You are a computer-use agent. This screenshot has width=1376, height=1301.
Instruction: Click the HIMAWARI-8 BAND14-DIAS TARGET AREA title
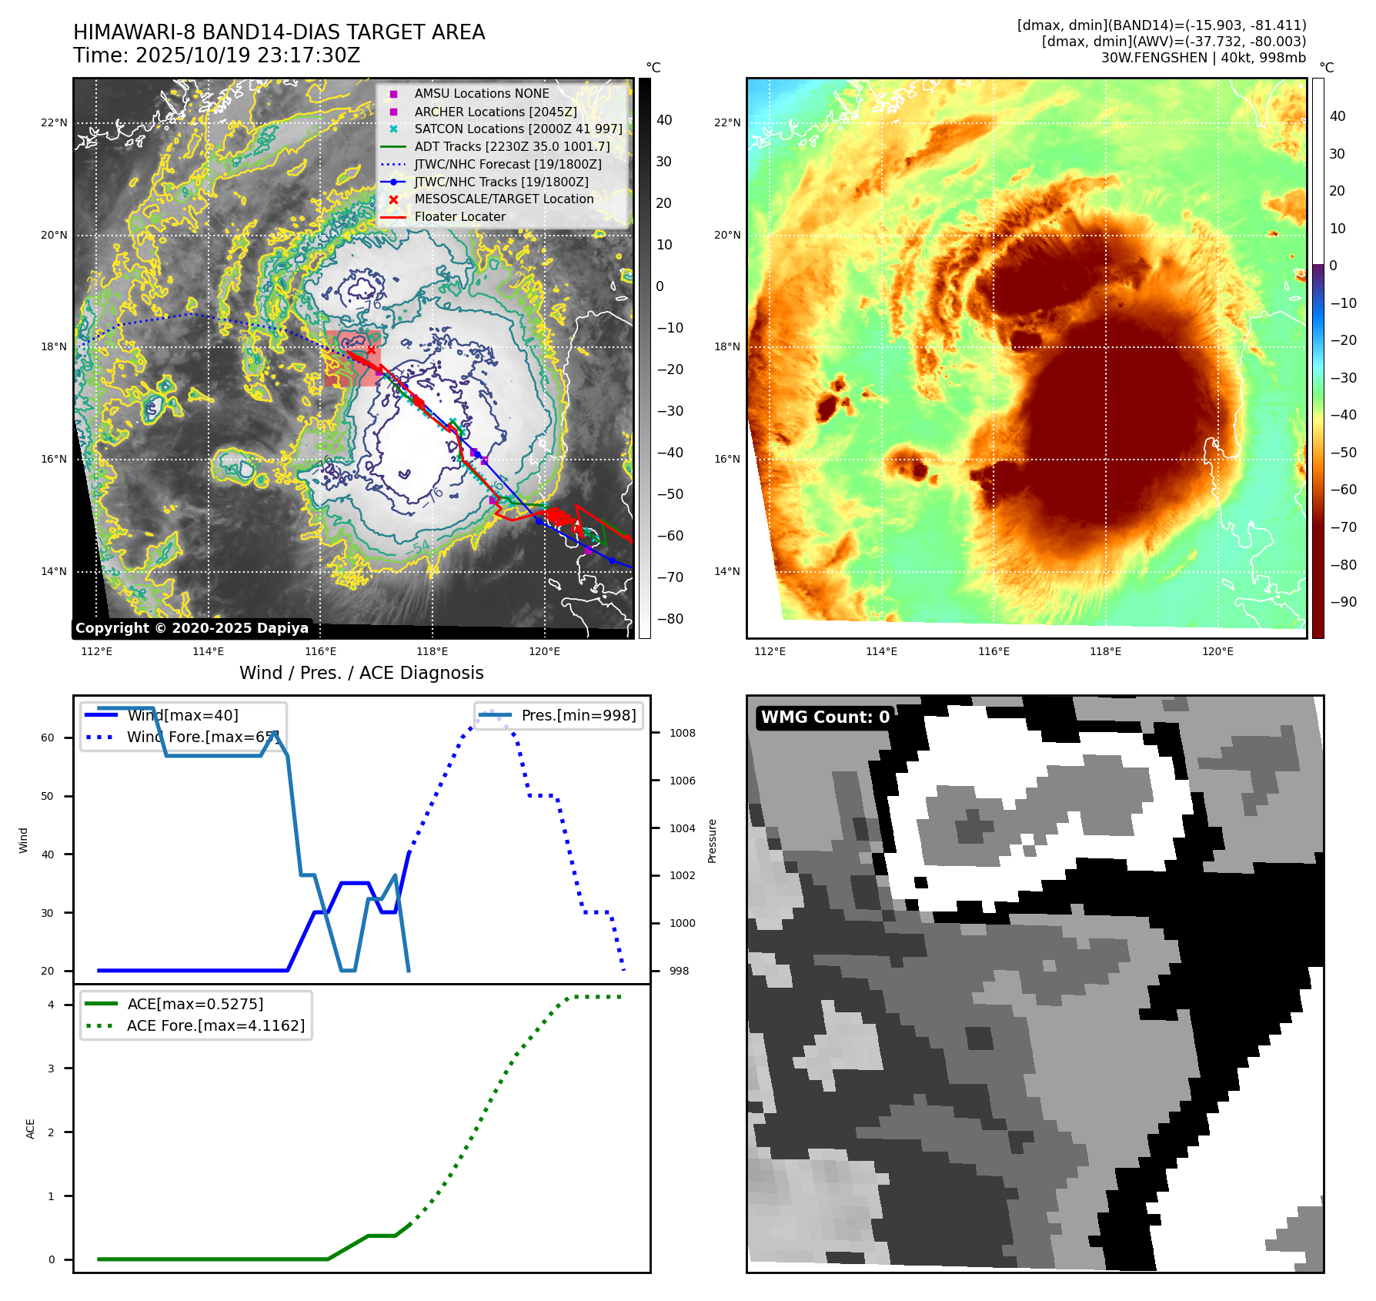pyautogui.click(x=279, y=32)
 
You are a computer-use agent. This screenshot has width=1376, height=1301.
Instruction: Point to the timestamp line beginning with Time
pyautogui.click(x=216, y=55)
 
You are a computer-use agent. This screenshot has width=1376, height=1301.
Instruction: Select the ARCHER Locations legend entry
pyautogui.click(x=495, y=112)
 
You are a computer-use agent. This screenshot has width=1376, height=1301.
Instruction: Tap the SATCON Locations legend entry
pyautogui.click(x=518, y=129)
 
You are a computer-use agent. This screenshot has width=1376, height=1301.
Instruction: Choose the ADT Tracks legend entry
pyautogui.click(x=512, y=146)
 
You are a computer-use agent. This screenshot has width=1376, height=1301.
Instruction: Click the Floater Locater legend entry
pyautogui.click(x=459, y=217)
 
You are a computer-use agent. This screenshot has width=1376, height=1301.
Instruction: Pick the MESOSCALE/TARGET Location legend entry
pyautogui.click(x=503, y=199)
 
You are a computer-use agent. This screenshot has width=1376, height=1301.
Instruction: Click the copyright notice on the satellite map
pyautogui.click(x=192, y=628)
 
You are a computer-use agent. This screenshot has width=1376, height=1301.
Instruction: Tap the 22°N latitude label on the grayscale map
pyautogui.click(x=54, y=122)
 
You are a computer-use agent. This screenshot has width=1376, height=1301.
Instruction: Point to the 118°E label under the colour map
pyautogui.click(x=1105, y=651)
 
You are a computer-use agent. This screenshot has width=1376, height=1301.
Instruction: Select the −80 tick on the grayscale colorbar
pyautogui.click(x=670, y=619)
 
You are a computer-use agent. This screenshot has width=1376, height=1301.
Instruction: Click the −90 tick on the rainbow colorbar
pyautogui.click(x=1343, y=602)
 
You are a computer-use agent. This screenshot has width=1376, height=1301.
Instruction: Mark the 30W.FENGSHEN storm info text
pyautogui.click(x=1203, y=58)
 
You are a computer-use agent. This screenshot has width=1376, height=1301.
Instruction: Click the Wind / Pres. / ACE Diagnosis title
pyautogui.click(x=361, y=673)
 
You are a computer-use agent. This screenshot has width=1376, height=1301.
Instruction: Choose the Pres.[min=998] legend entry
pyautogui.click(x=578, y=715)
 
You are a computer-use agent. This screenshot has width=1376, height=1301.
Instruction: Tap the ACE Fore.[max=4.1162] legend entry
pyautogui.click(x=215, y=1025)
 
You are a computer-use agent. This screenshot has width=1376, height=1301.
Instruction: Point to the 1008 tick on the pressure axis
pyautogui.click(x=682, y=733)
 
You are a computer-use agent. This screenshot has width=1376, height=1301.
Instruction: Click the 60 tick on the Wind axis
pyautogui.click(x=48, y=737)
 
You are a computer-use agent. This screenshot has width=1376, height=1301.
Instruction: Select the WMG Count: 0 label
pyautogui.click(x=825, y=717)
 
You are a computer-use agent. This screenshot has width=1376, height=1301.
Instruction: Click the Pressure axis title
pyautogui.click(x=713, y=841)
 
